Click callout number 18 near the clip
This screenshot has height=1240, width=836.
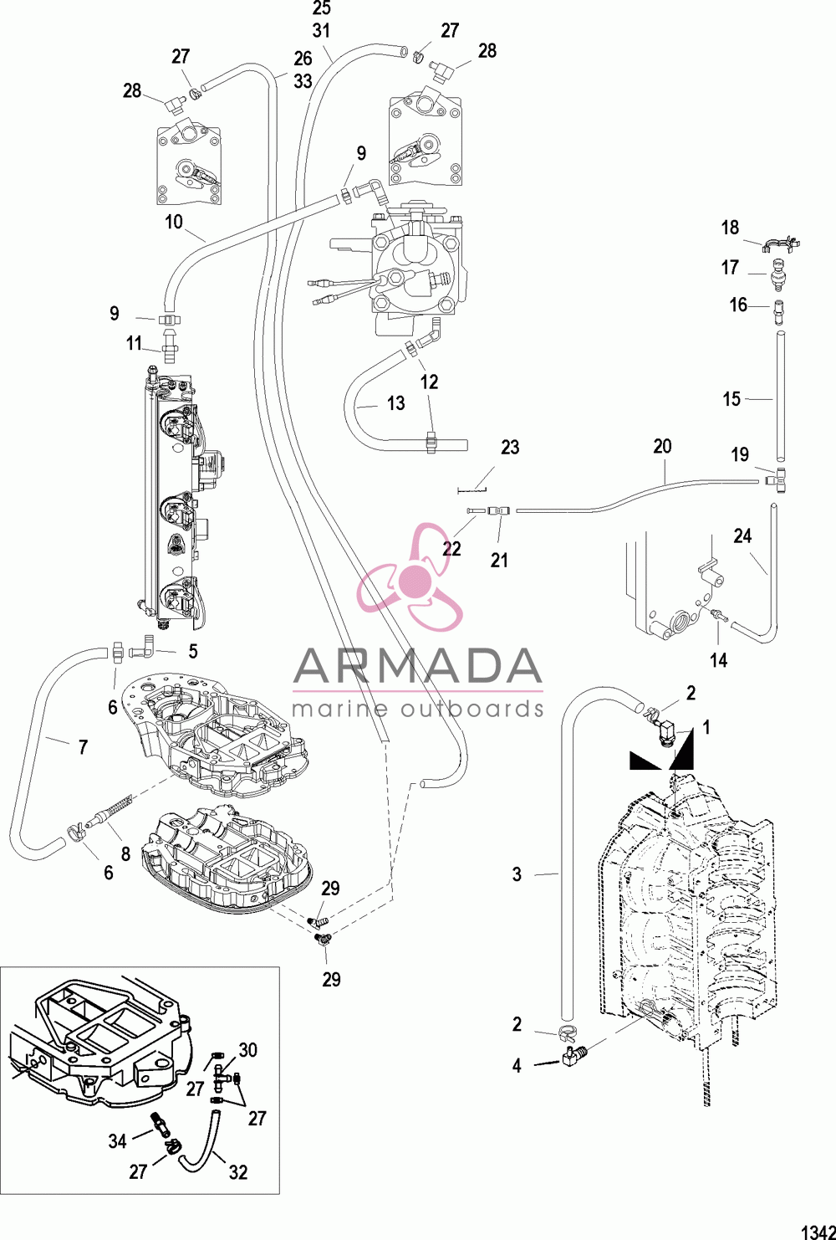tap(731, 227)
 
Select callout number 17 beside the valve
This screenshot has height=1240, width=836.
tap(731, 268)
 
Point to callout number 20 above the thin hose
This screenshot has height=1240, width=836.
tap(662, 446)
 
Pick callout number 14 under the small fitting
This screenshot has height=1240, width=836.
tap(719, 660)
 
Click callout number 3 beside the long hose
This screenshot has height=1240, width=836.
tap(517, 874)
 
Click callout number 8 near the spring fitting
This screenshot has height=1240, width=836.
tap(125, 854)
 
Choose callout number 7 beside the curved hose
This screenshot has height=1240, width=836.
tap(83, 747)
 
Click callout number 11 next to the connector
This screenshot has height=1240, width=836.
tap(134, 343)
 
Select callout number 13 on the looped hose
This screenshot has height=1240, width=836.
tap(395, 403)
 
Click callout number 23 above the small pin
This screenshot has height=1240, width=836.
tap(510, 447)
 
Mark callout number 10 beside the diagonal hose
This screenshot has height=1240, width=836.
tap(174, 222)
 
